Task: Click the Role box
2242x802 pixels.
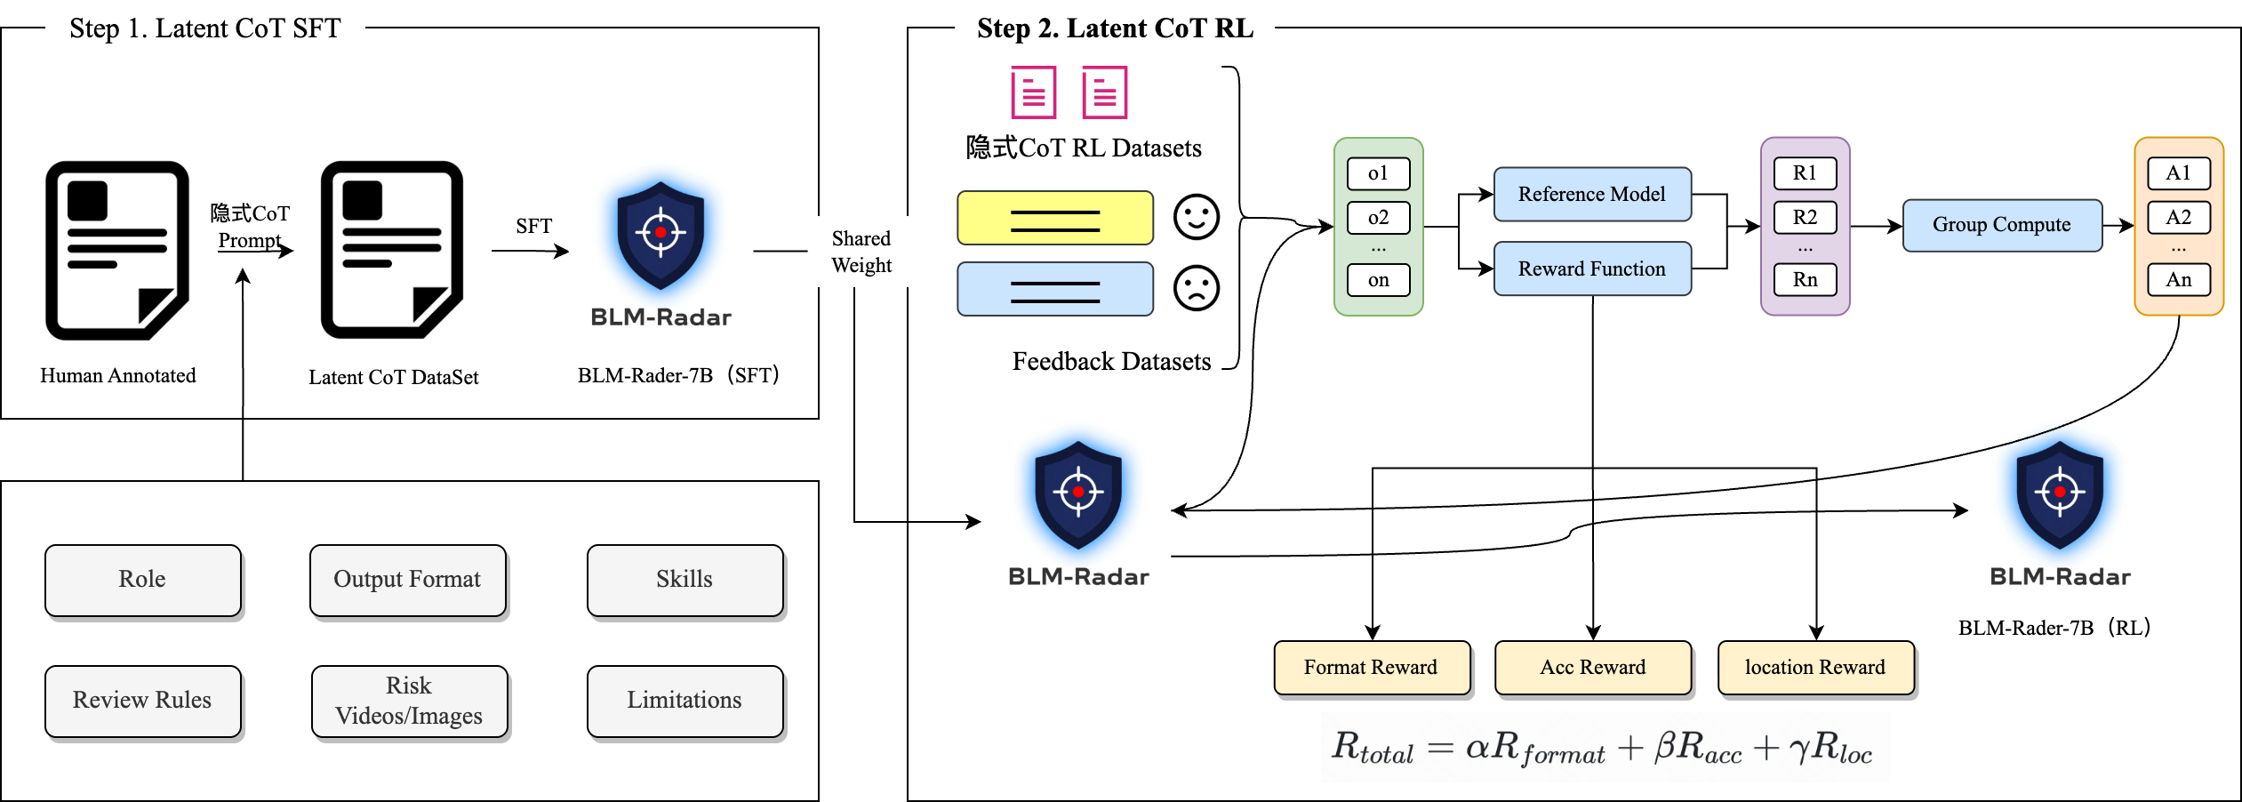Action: pos(142,580)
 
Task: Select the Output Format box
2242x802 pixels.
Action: pos(407,580)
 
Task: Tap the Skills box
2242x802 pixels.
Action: pos(685,580)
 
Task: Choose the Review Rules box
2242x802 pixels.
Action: pos(142,701)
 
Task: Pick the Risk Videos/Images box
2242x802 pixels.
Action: pos(409,701)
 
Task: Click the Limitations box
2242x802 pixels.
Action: pos(685,701)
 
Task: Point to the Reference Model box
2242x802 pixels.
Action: pos(1591,194)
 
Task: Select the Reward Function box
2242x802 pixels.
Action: pos(1591,269)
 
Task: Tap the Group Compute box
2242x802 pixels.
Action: pos(2001,225)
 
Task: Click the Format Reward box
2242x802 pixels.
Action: pos(1371,667)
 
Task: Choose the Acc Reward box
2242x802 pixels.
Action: pos(1592,667)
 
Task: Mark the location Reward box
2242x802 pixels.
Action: pos(1814,667)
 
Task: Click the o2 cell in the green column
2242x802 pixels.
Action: pos(1378,218)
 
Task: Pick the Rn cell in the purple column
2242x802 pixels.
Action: pos(1805,280)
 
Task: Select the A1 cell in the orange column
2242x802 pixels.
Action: pos(2178,173)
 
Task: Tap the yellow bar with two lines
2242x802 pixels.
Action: pos(1055,218)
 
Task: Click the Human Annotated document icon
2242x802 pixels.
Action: pos(117,250)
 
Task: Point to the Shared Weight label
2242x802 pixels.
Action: pos(861,252)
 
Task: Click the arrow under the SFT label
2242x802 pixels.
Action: pos(530,252)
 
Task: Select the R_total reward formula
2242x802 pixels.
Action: pos(1605,747)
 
